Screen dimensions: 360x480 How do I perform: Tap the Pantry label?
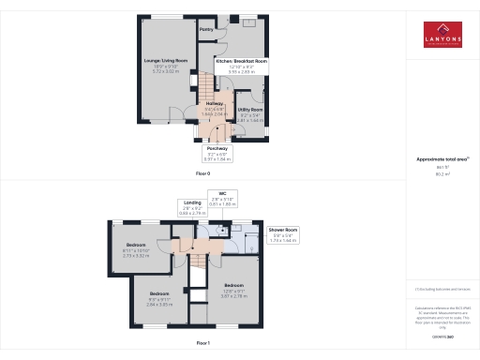206,29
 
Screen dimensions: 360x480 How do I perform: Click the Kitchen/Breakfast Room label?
242,60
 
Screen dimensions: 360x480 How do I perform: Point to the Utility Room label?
249,110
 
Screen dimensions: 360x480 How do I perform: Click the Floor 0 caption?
202,174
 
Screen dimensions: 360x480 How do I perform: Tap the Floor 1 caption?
202,344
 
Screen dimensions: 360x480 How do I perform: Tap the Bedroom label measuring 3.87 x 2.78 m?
233,284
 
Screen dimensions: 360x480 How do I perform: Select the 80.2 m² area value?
442,173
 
